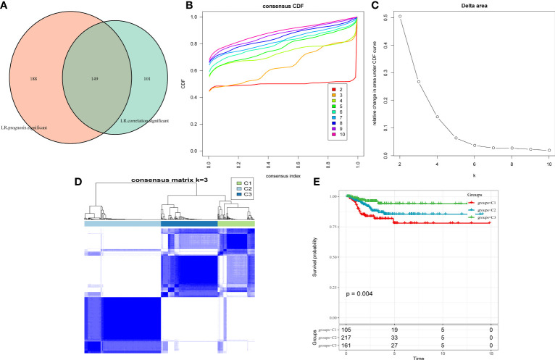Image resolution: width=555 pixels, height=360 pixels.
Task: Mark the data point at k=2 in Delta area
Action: pyautogui.click(x=400, y=16)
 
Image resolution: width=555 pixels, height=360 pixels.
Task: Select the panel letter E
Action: pyautogui.click(x=345, y=179)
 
